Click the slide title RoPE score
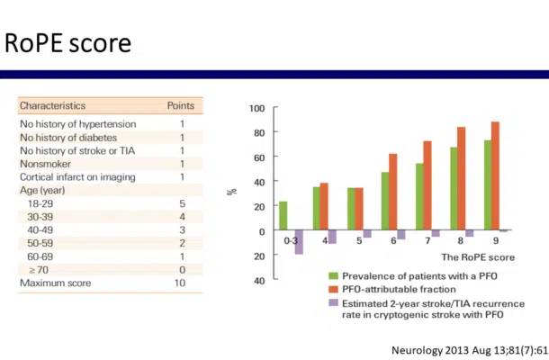[x=67, y=42]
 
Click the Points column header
[x=181, y=105]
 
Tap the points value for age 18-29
[x=181, y=204]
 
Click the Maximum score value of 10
[x=181, y=283]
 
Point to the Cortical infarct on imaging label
[x=77, y=177]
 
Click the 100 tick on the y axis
[x=256, y=109]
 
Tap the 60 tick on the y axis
[x=258, y=157]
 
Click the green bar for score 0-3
[x=283, y=216]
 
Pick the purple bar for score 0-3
[x=299, y=242]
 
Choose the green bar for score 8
[x=454, y=189]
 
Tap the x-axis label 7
[x=427, y=241]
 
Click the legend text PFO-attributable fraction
[x=400, y=289]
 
